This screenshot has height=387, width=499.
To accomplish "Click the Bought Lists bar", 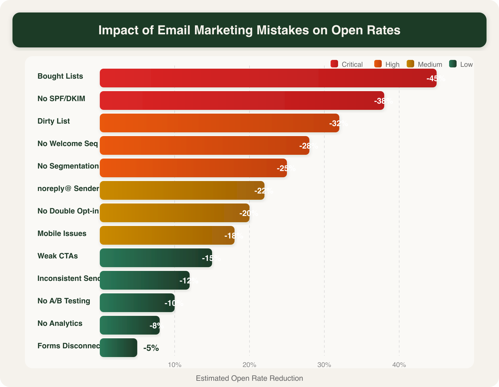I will tap(268, 78).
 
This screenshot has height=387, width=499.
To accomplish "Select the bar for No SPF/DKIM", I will tap(242, 100).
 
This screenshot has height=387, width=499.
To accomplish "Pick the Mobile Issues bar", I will tap(167, 235).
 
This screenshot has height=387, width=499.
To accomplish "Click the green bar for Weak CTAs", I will tap(156, 258).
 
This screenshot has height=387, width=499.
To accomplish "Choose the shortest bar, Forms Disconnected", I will tap(119, 348).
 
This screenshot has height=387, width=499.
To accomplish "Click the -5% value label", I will tap(151, 348).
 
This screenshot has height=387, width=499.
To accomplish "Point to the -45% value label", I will tap(436, 78).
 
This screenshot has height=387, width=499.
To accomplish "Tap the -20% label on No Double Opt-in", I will tap(249, 213).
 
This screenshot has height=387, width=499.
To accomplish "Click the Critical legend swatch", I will tap(334, 64).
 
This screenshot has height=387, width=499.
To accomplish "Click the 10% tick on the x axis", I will tap(175, 365).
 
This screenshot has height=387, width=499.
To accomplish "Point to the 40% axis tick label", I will tap(399, 365).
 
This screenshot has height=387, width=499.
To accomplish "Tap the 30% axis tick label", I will tap(324, 365).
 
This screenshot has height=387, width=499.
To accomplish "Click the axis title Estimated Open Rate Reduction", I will tap(249, 378).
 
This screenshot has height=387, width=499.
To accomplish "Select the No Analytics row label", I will tap(60, 323).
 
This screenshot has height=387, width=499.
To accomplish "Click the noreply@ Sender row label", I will tap(68, 189).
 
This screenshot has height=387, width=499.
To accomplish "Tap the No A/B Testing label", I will tap(64, 301).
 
